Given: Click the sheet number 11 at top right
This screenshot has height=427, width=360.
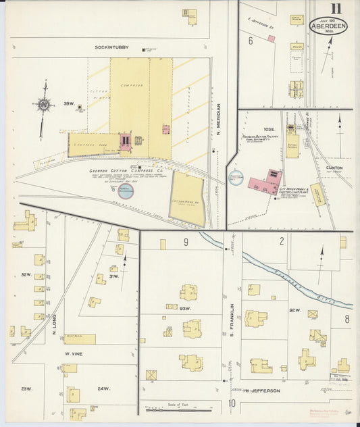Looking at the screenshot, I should [336, 9].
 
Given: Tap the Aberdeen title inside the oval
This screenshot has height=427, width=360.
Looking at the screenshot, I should [329, 27].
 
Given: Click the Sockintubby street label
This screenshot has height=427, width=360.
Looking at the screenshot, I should [111, 48].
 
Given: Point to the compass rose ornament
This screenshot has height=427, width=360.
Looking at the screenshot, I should [45, 104].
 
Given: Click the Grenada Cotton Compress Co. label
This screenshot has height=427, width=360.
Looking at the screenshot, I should [126, 171].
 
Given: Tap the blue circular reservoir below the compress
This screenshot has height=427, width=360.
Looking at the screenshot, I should [126, 191].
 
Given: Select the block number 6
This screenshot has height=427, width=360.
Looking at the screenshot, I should [250, 41].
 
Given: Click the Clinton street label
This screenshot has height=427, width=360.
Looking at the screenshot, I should [334, 168].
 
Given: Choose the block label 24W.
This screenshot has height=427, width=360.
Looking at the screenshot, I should [103, 388].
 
